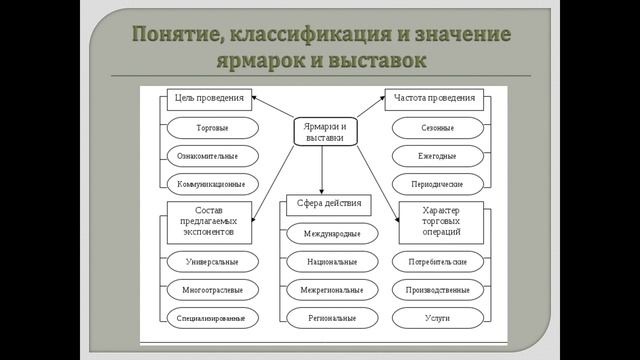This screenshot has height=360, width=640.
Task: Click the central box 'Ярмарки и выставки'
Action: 321,133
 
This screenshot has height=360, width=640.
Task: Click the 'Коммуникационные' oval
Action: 211,184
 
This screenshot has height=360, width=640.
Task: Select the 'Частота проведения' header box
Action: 435,98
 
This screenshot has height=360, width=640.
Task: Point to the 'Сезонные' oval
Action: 436,128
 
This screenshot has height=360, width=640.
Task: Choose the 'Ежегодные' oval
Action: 436,156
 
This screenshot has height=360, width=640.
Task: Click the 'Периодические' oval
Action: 436,184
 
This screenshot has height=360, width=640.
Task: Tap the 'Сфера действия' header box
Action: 322,205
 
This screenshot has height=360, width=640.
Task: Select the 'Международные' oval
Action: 322,233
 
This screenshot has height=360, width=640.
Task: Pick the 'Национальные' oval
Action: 322,261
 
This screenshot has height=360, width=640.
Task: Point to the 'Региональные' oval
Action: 322,317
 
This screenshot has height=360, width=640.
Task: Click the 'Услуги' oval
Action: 436,317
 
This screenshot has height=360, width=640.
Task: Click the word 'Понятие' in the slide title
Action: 178,36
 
